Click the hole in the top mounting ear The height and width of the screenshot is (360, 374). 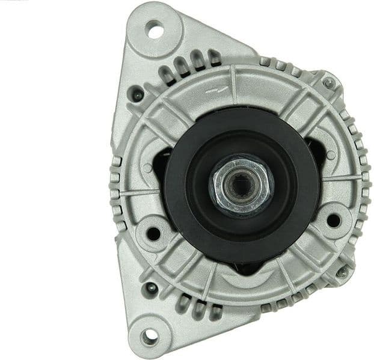click(x=155, y=29)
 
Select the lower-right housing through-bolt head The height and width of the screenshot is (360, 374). click(x=343, y=272)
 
